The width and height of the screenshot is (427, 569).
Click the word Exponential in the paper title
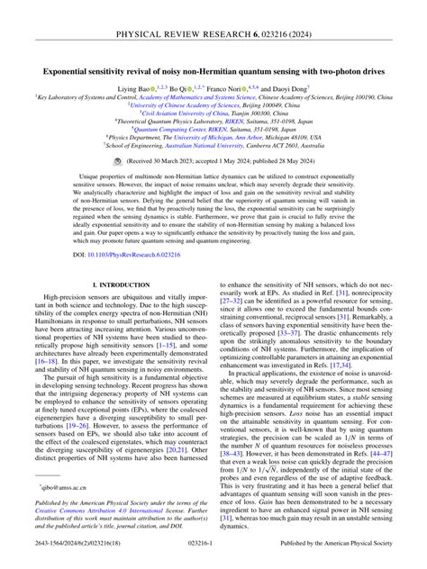[x=72, y=68]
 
